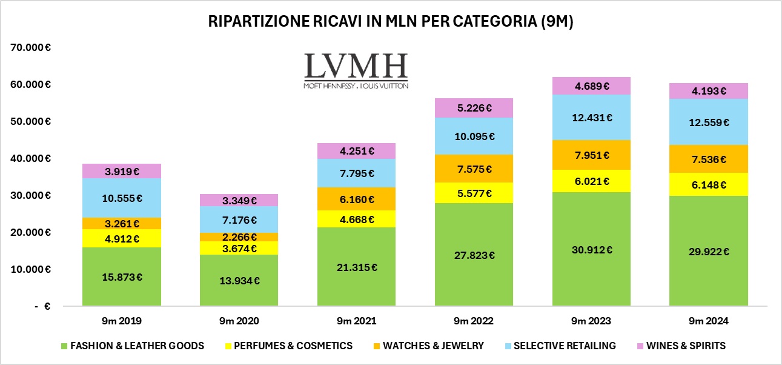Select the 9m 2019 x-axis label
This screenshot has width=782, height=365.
122,321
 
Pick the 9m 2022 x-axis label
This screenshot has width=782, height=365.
474,321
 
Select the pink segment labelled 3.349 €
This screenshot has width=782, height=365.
239,200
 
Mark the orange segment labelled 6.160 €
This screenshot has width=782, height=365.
357,199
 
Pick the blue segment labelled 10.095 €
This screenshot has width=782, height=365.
474,136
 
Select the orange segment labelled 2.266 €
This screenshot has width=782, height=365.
239,237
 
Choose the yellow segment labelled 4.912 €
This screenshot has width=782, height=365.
122,238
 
